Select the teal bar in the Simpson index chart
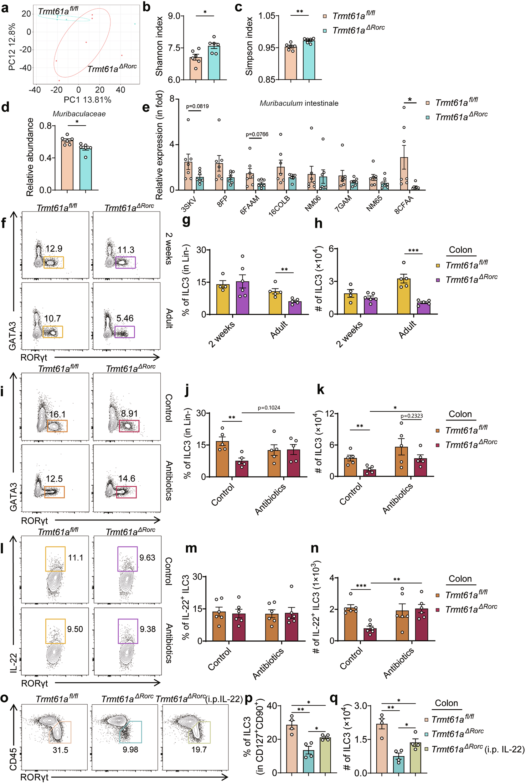click(309, 60)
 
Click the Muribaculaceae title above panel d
click(79, 114)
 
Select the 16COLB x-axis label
click(279, 206)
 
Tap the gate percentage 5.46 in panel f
click(125, 318)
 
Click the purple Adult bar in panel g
click(295, 307)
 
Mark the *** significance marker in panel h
click(413, 251)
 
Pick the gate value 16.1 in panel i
click(57, 414)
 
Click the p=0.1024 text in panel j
click(269, 408)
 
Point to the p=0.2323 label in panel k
click(412, 416)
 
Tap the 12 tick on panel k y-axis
click(329, 414)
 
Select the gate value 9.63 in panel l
click(147, 557)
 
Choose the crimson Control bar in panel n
click(370, 634)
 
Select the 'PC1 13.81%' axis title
click(87, 100)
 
